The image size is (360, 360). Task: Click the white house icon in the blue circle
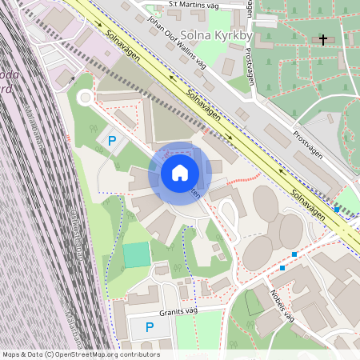click(180, 173)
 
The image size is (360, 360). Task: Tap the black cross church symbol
click(323, 38)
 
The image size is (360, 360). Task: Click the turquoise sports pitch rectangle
click(136, 254)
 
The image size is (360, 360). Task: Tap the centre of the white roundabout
click(85, 98)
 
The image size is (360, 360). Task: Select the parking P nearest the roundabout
click(112, 142)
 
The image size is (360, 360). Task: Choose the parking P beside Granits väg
click(149, 327)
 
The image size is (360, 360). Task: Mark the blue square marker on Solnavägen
click(337, 210)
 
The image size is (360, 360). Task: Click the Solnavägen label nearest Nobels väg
click(308, 205)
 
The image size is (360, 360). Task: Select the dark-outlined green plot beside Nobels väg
click(253, 302)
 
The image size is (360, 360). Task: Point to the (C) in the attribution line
click(50, 354)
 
